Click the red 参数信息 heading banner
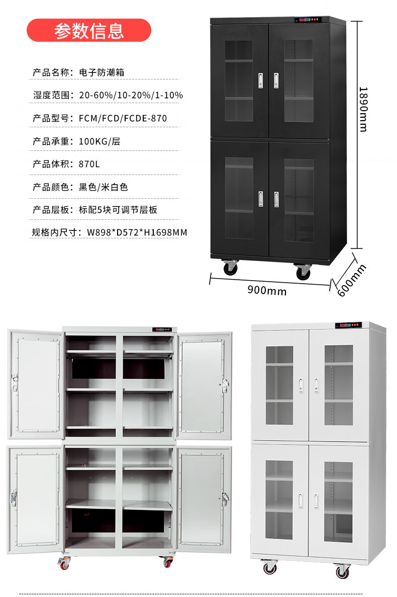(x=88, y=31)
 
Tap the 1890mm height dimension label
(x=362, y=109)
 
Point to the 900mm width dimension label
(x=267, y=291)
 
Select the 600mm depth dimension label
(x=352, y=280)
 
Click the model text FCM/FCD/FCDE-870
(x=123, y=118)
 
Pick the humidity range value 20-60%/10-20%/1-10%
(x=131, y=95)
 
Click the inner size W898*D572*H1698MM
(x=137, y=232)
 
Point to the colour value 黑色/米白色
(x=103, y=187)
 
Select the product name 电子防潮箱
(x=102, y=72)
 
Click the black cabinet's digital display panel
(x=308, y=21)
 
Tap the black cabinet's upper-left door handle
(x=260, y=80)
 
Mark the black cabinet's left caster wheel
(x=231, y=267)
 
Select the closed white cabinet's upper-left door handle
(x=301, y=384)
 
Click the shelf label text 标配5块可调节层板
(x=118, y=210)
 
